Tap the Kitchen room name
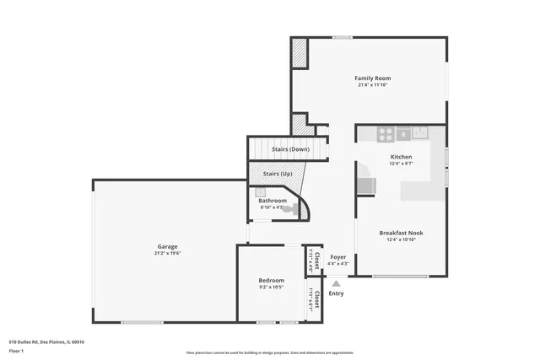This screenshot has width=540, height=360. pyautogui.click(x=401, y=158)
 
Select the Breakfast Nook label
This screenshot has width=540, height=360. pyautogui.click(x=401, y=233)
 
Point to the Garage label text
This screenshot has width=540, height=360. pyautogui.click(x=167, y=246)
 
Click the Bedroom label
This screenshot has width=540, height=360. pyautogui.click(x=271, y=280)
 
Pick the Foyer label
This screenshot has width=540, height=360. pyautogui.click(x=337, y=257)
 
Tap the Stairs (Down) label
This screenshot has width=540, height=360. pyautogui.click(x=290, y=149)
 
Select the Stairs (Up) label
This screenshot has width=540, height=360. pyautogui.click(x=278, y=174)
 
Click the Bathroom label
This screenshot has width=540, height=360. pyautogui.click(x=273, y=201)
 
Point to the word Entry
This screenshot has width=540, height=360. pyautogui.click(x=337, y=293)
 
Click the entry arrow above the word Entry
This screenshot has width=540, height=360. pyautogui.click(x=337, y=283)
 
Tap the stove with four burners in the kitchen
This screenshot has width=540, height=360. pyautogui.click(x=385, y=132)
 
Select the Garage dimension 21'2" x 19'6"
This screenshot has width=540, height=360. pyautogui.click(x=167, y=253)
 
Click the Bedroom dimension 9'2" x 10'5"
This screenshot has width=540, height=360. pyautogui.click(x=271, y=287)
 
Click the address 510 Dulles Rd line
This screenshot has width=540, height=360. pyautogui.click(x=46, y=341)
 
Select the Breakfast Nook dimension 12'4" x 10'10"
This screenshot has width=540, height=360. pyautogui.click(x=401, y=239)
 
